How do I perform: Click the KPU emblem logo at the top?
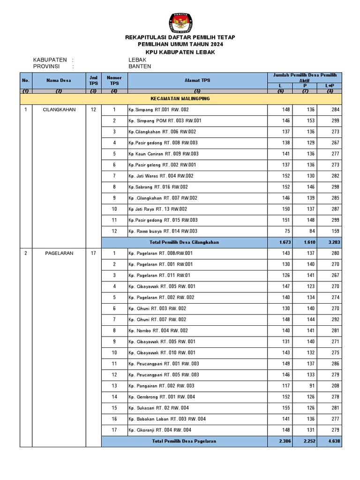coord(180,22)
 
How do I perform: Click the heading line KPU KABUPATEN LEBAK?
coord(180,52)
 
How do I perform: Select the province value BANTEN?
coord(140,67)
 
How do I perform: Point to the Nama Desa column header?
coord(59,80)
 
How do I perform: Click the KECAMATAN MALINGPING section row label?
coord(180,99)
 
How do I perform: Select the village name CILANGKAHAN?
coord(59,110)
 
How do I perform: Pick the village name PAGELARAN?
coord(59,254)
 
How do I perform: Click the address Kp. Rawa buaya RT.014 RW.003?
coord(163,231)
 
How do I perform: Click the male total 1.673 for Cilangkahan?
coord(283,242)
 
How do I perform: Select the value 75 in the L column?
coord(286,231)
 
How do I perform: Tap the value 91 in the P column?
coord(311,386)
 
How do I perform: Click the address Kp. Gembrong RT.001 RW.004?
coord(162,397)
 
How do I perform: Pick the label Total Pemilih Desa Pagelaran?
coord(184,442)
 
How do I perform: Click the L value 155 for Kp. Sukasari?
coord(285,408)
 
